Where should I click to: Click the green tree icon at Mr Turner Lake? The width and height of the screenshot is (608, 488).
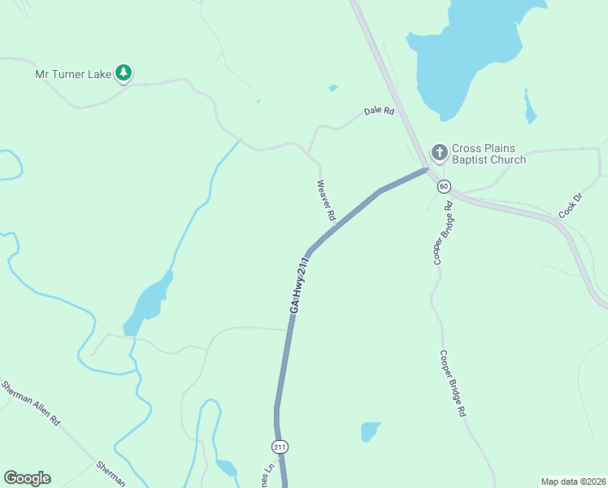pos(124,73)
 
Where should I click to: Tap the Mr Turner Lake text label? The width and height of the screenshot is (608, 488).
pos(72,74)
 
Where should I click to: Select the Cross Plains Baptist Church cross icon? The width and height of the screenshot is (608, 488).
pos(439,152)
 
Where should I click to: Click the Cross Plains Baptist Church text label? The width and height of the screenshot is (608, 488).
pos(489,155)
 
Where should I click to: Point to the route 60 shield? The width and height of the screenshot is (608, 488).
pos(444,186)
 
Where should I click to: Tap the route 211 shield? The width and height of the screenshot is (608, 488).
pos(280,447)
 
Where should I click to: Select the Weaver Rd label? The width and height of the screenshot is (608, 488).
pos(327,201)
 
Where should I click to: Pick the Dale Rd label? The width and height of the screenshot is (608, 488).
pos(379,111)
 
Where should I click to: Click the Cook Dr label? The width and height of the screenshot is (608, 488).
pos(571,205)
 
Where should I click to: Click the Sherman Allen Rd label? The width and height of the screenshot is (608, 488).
pos(32,404)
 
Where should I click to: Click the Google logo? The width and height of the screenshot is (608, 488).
pos(27,478)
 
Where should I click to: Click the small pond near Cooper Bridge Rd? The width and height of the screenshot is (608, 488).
pos(370,431)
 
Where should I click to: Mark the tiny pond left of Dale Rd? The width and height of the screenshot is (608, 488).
pos(333,88)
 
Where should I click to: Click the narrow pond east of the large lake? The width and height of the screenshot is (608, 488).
pos(530,108)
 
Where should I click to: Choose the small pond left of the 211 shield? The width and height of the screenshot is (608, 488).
pos(226,468)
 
